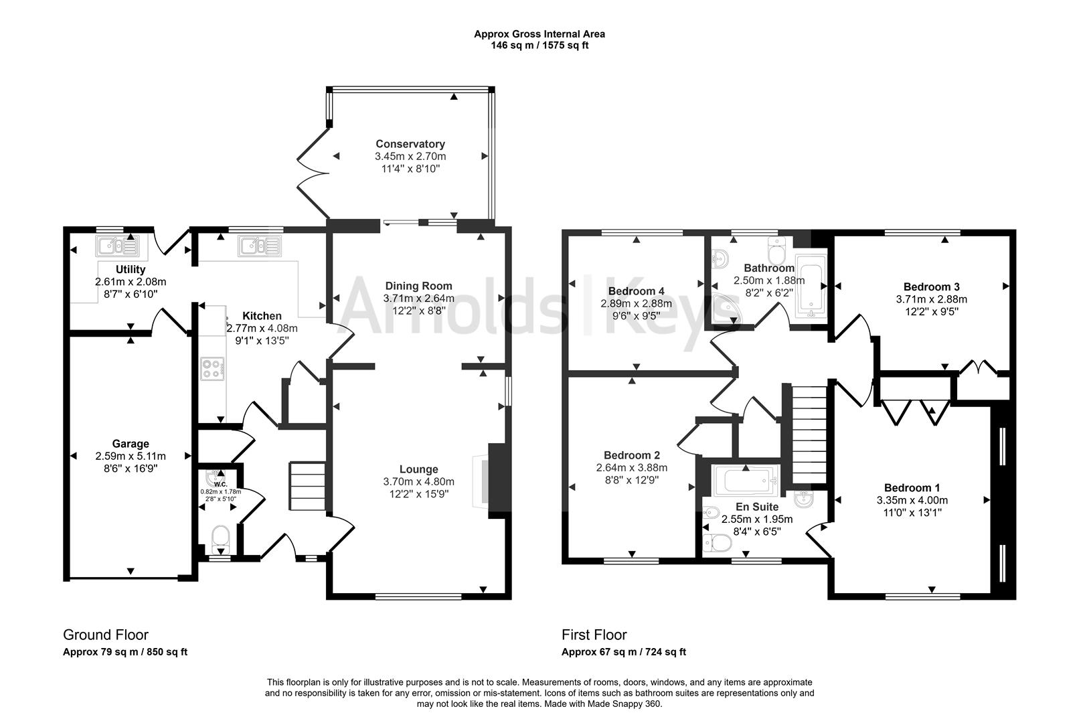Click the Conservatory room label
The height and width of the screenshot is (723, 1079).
click(410, 144)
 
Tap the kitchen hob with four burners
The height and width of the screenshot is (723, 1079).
click(213, 369)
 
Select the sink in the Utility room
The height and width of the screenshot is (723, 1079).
click(118, 247)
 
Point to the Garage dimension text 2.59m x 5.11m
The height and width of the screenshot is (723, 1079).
click(131, 457)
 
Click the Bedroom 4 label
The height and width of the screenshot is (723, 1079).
click(636, 291)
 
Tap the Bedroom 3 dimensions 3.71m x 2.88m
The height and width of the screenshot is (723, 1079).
click(935, 299)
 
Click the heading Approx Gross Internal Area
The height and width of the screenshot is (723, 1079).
click(539, 33)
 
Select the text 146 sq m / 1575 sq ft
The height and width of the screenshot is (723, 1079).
click(539, 46)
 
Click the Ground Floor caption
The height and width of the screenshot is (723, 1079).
click(106, 635)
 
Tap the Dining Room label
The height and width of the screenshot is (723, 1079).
click(418, 286)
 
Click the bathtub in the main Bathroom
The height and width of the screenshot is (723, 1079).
click(811, 290)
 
